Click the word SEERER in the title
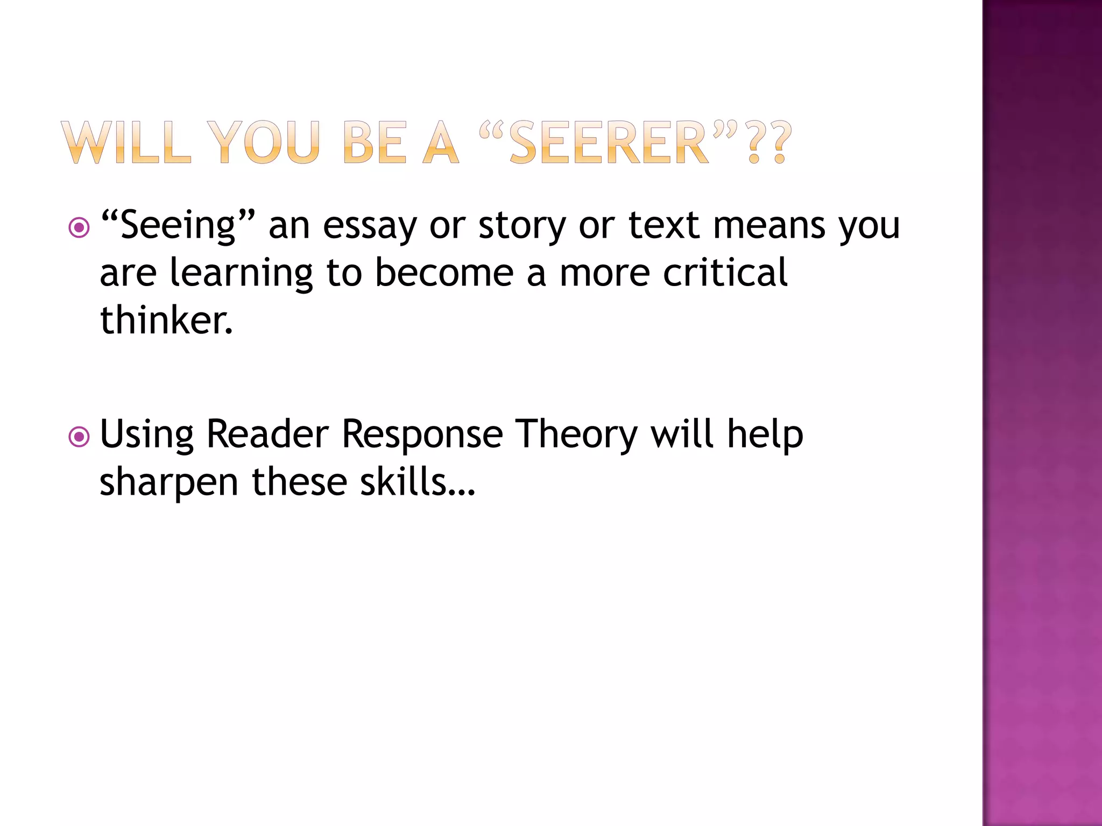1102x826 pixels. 609,143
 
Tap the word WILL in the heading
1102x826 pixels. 126,143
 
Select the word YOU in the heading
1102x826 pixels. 264,143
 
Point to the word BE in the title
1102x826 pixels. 375,143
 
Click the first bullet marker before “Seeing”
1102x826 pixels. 79,227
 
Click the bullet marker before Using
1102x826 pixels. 79,437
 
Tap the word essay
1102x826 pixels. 370,226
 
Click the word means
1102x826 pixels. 769,226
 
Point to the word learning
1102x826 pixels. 241,273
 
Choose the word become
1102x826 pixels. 444,273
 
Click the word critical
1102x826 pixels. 725,273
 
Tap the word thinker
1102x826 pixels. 166,321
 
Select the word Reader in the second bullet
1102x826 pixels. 267,435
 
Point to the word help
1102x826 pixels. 765,435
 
